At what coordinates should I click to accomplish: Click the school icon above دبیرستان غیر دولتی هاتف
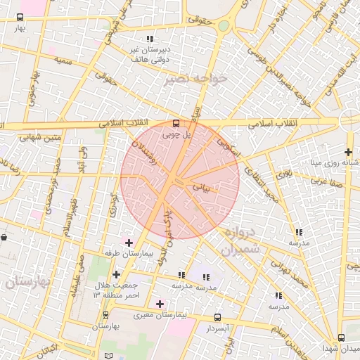tap(148, 39)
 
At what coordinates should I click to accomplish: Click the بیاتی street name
tap(211, 188)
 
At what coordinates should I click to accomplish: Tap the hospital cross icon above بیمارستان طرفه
tap(129, 243)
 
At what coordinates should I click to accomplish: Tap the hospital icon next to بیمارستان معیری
tap(161, 304)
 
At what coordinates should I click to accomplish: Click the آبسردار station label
tap(217, 328)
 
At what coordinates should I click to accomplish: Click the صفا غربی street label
tap(328, 180)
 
